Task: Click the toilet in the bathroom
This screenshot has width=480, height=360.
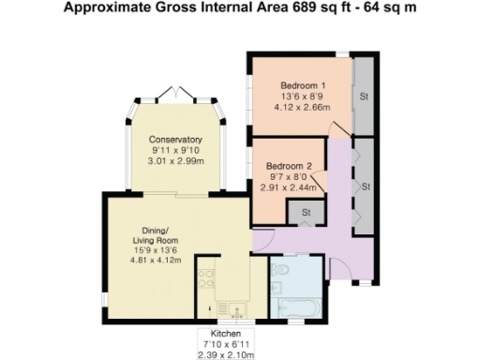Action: pyautogui.click(x=281, y=272)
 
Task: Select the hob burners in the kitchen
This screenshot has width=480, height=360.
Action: pyautogui.click(x=206, y=278)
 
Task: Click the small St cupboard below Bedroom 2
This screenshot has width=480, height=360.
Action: pyautogui.click(x=307, y=214)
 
